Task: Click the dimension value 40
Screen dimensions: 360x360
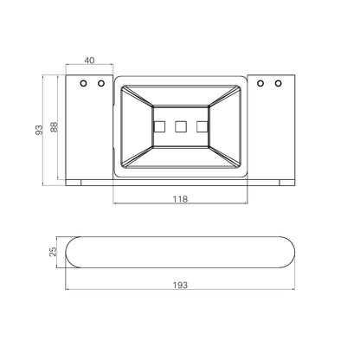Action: pos(89,61)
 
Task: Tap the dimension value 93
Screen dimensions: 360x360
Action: pos(39,130)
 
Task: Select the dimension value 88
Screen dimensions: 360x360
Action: pos(54,127)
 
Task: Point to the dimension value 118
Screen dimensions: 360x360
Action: pos(180,199)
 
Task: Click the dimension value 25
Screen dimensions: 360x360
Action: pos(53,252)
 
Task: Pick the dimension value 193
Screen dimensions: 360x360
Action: pos(180,286)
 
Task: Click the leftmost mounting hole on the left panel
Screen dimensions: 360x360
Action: pos(83,83)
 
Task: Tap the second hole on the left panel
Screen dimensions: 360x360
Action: pos(101,83)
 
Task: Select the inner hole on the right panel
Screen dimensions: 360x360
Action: pos(260,83)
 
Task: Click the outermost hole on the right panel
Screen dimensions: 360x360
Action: pos(278,83)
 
